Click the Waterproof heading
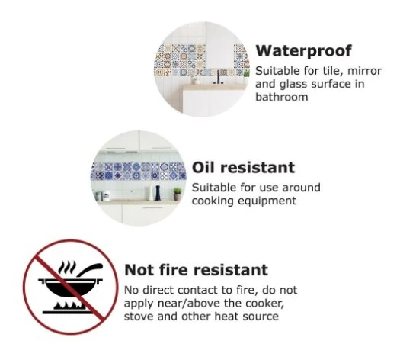tap(304, 50)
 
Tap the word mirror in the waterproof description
tap(364, 71)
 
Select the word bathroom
tap(282, 97)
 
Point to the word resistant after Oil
tap(258, 168)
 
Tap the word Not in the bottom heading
tap(139, 270)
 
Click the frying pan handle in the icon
tap(90, 269)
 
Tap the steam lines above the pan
tap(67, 267)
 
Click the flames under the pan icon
tap(69, 306)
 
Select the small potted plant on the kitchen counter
tap(178, 194)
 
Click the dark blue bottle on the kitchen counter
tap(158, 193)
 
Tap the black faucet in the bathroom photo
tap(219, 77)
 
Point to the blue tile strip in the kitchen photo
tap(138, 171)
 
